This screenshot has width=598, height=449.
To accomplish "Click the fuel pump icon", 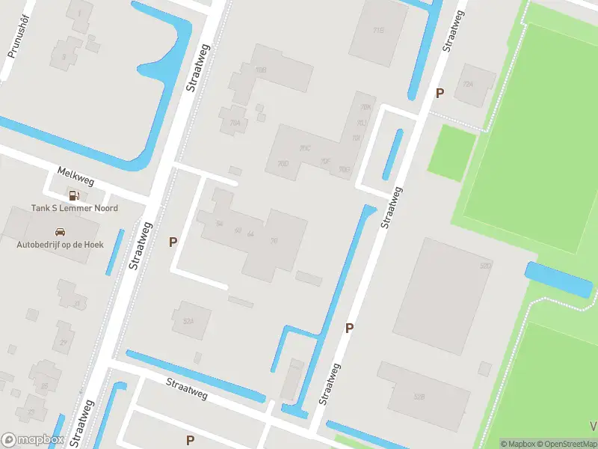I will pyautogui.click(x=73, y=195).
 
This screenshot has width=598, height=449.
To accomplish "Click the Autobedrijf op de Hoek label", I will pyautogui.click(x=61, y=244).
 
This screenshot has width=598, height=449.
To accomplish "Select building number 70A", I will pyautogui.click(x=235, y=123).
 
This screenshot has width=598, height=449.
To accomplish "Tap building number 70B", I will pyautogui.click(x=261, y=70).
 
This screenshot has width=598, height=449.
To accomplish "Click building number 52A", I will pyautogui.click(x=188, y=321).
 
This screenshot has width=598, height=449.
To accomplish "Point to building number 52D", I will pyautogui.click(x=486, y=266).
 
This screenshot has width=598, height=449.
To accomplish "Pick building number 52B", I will pyautogui.click(x=419, y=397).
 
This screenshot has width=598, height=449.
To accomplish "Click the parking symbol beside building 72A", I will pyautogui.click(x=440, y=93).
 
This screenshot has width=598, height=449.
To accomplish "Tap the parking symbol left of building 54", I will pyautogui.click(x=173, y=242).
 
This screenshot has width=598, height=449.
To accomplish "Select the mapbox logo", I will pyautogui.click(x=33, y=440).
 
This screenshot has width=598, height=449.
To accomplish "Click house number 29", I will pyautogui.click(x=64, y=342).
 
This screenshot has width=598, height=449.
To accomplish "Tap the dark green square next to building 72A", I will pyautogui.click(x=452, y=152).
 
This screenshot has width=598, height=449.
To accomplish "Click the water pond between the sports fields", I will pyautogui.click(x=558, y=280).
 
